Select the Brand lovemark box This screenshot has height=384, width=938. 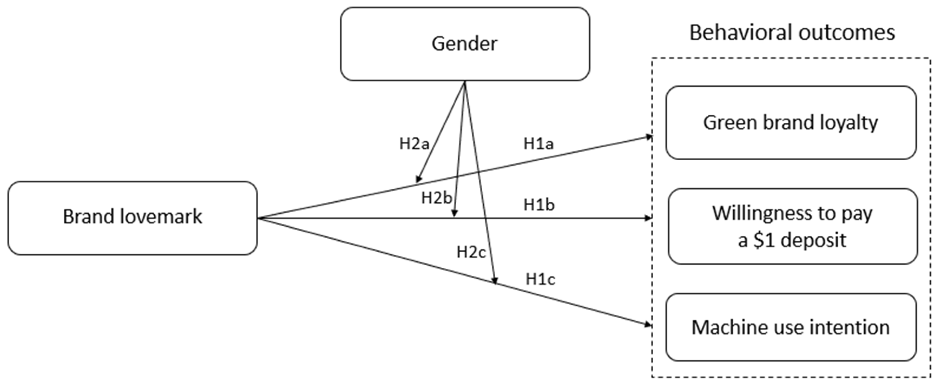(x=132, y=217)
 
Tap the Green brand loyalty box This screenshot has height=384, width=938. (x=791, y=123)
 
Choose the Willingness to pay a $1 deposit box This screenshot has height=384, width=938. (x=792, y=226)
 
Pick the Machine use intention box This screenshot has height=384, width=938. (x=791, y=327)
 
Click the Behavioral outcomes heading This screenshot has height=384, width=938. (x=792, y=33)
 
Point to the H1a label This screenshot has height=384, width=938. (x=538, y=144)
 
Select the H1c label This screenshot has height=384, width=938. (x=540, y=279)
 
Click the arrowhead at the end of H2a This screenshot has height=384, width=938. (x=418, y=179)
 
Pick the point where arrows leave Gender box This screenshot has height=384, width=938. (x=465, y=82)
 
